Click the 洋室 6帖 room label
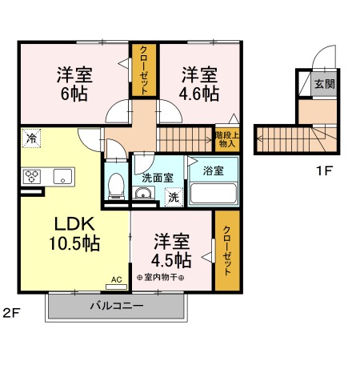tap(74, 84)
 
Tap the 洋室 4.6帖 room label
tap(199, 84)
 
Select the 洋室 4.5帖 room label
tap(171, 251)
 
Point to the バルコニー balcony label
tap(116, 306)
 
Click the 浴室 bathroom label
tap(213, 171)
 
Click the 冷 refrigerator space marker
tap(31, 138)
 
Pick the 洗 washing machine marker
tap(173, 196)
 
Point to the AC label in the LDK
tap(116, 280)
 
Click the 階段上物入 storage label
tap(225, 139)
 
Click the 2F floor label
tap(10, 311)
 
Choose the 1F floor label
tap(323, 169)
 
